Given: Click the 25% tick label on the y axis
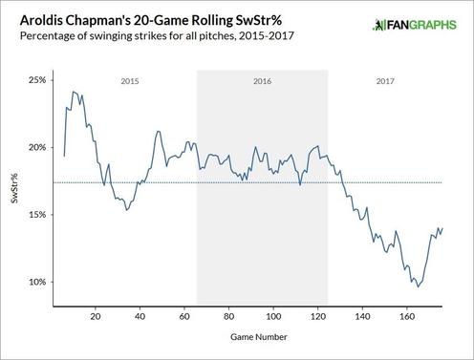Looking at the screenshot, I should pos(36,80).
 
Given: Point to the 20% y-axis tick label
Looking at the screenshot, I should pos(36,147).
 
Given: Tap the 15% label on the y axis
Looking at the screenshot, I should pos(36,215).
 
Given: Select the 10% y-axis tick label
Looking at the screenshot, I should pos(36,283).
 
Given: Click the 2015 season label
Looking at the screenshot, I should pos(129,82).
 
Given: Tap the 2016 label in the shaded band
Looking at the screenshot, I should pos(262,82).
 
